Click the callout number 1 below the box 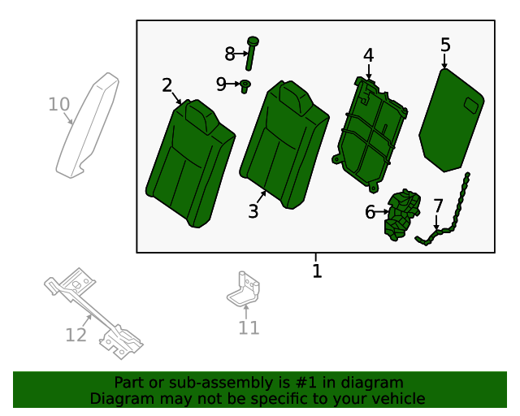tap(317, 271)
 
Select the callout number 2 tap(167, 85)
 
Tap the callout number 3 tap(253, 211)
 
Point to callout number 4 tap(368, 55)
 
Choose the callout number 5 tap(445, 44)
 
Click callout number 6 tap(370, 212)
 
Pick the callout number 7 tap(438, 206)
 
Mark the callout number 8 tap(230, 54)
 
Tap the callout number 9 tap(222, 84)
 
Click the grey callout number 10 tap(58, 104)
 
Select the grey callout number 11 tap(249, 327)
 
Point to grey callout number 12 tap(76, 334)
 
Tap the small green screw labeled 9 tap(245, 85)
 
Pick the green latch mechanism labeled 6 tap(401, 217)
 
